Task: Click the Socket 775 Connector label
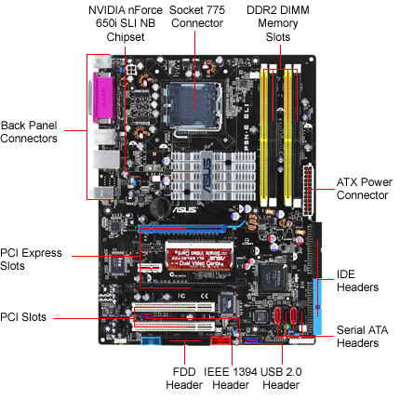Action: (197, 17)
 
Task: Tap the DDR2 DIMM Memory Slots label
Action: (278, 23)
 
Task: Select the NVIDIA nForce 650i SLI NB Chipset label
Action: (126, 23)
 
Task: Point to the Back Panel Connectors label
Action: (29, 132)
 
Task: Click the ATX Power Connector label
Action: (365, 189)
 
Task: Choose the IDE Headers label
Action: (357, 281)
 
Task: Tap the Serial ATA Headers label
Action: (362, 337)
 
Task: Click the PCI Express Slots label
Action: (31, 260)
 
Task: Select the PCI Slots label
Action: (23, 317)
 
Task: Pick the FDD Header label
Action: (184, 379)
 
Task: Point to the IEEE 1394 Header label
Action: (231, 379)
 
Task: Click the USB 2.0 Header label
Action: (281, 379)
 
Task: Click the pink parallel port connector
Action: (103, 99)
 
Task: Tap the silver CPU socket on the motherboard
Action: (193, 106)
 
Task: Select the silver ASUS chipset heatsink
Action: (213, 176)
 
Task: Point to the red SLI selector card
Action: (199, 259)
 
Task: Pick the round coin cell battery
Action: (160, 207)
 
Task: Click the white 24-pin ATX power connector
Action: (308, 190)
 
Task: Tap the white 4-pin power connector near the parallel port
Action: (131, 69)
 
